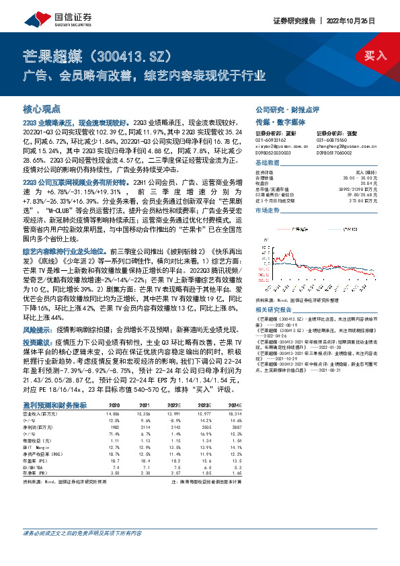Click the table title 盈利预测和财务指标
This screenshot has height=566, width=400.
tap(54, 405)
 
